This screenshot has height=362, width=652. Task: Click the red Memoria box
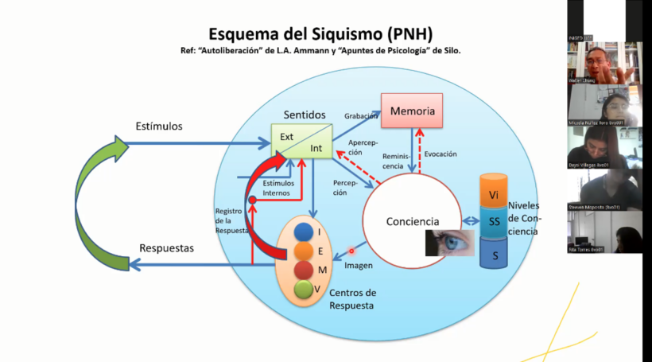click(x=412, y=111)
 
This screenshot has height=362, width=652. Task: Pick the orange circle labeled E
click(x=302, y=251)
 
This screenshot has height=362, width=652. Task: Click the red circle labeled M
click(x=302, y=271)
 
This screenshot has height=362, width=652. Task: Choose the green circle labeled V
click(x=302, y=289)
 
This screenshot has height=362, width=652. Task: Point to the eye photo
click(x=450, y=243)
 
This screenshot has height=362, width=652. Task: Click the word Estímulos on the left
click(x=158, y=126)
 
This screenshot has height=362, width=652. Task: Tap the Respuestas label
click(x=166, y=247)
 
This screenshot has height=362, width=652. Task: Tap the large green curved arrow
click(x=99, y=199)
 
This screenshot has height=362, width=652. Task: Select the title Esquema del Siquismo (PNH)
click(x=320, y=34)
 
